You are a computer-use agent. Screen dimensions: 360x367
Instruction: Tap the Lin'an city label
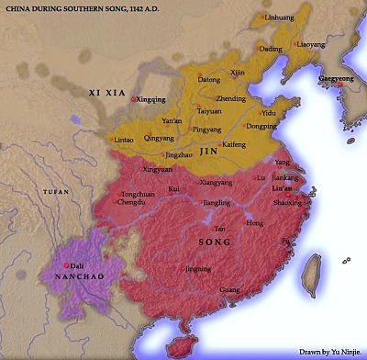tap(283, 187)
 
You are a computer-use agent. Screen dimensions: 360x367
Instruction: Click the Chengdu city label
tap(132, 202)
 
